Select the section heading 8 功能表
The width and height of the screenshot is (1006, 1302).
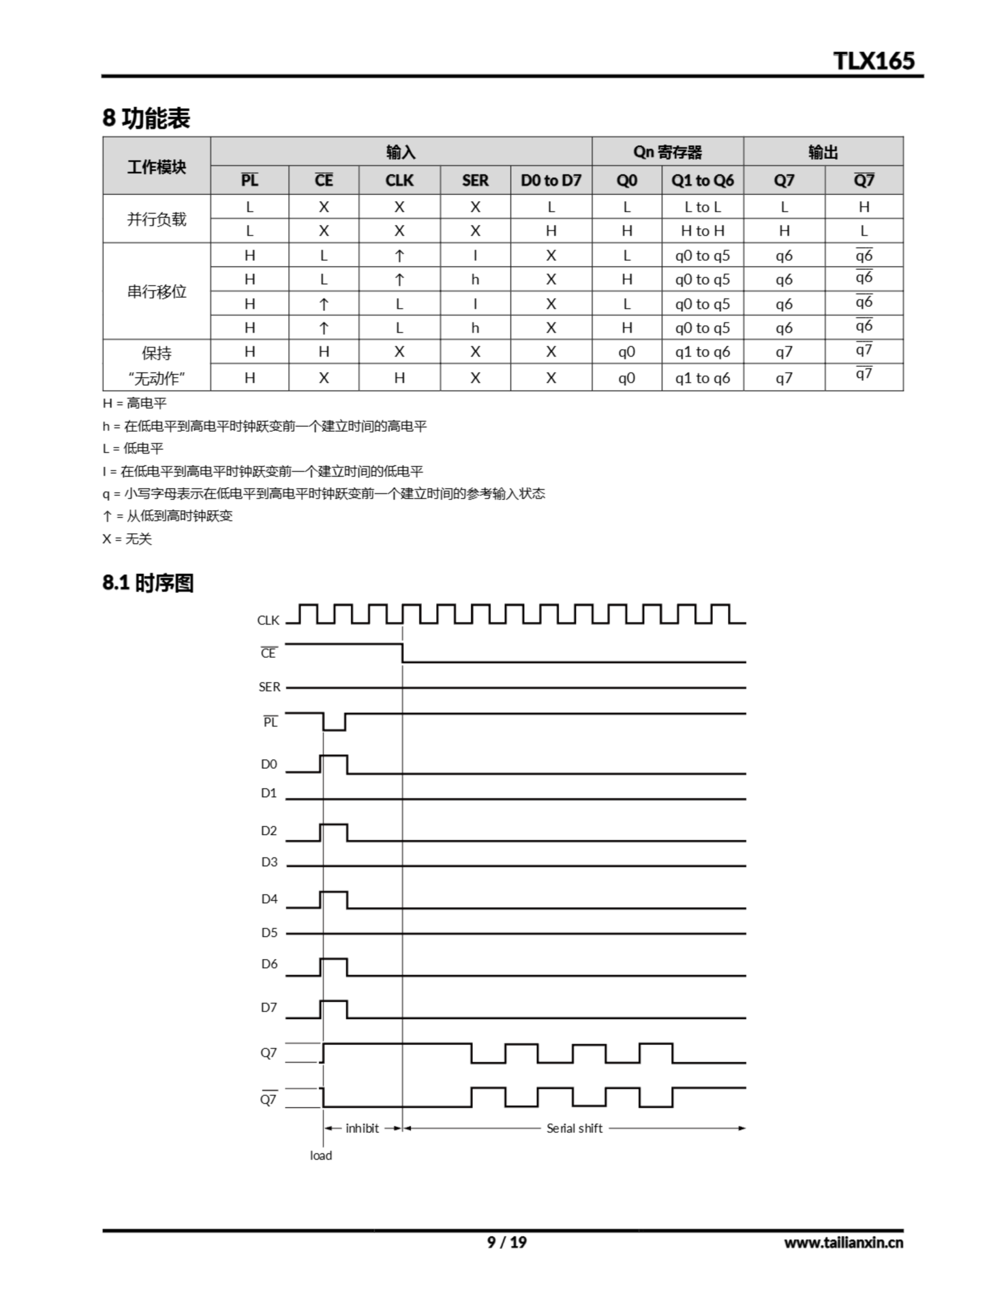[x=146, y=117]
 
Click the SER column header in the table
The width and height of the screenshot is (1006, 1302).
[x=475, y=180]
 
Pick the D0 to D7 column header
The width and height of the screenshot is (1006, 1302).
[x=550, y=180]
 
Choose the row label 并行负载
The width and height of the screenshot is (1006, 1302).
[x=156, y=219]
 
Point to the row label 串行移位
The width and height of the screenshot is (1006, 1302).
[x=156, y=291]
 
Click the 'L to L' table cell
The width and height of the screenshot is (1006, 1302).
[x=702, y=207]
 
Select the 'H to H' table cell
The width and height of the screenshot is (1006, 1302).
[x=702, y=231]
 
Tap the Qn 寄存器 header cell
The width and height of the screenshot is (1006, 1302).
[x=667, y=152]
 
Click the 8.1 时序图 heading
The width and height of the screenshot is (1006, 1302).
[x=148, y=582]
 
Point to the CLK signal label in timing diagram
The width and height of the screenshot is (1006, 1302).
[x=268, y=620]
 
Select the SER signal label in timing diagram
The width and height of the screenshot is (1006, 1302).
[x=269, y=687]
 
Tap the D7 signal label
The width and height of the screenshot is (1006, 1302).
[x=269, y=1008]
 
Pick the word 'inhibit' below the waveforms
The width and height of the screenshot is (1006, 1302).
[x=362, y=1128]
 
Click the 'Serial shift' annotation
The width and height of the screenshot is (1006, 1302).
[x=574, y=1128]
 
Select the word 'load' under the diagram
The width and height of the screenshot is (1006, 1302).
[x=321, y=1156]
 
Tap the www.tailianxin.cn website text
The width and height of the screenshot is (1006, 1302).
[x=843, y=1242]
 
